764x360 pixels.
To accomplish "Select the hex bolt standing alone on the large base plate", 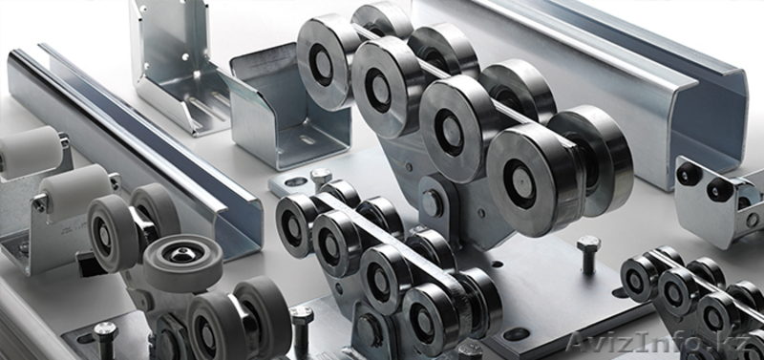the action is [588, 254].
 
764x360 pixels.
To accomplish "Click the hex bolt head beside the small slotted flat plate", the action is [321, 176].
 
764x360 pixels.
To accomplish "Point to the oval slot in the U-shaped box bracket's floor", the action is [307, 139].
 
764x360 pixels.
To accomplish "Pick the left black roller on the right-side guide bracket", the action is [690, 173].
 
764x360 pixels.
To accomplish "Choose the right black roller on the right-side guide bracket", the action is [720, 189].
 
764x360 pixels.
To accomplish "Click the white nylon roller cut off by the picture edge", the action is [31, 152].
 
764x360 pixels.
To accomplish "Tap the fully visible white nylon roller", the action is [75, 191].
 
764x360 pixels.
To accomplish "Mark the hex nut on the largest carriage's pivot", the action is [432, 202].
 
